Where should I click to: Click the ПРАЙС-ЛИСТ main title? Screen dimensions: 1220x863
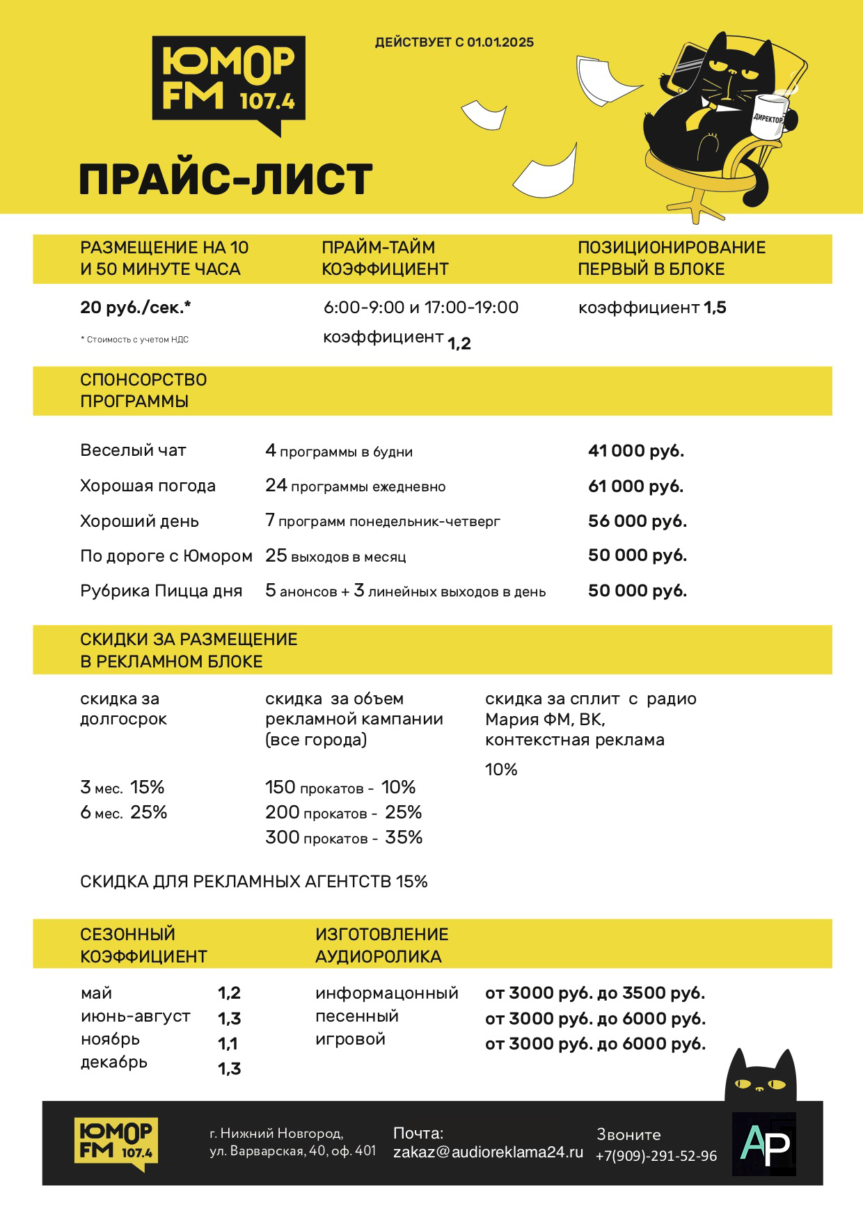tap(225, 180)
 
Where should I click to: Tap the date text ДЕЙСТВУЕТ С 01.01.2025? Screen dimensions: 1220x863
tap(454, 42)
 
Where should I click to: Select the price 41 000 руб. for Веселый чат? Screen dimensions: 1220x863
tap(636, 451)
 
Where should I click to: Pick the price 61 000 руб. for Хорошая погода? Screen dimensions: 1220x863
tap(635, 486)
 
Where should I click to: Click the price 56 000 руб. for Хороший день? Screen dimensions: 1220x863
tap(637, 521)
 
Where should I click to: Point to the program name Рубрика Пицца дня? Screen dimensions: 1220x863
tap(161, 591)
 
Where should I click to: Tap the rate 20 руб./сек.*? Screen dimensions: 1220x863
tap(136, 308)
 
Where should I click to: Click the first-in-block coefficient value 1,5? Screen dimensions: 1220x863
tap(715, 308)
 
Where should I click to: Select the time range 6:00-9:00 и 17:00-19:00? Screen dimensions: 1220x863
tap(421, 308)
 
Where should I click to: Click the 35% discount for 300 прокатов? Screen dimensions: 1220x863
tap(404, 837)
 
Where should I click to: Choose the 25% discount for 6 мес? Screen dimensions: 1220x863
tap(149, 812)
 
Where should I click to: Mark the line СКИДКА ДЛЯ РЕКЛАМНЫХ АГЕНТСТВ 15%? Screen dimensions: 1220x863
tap(254, 882)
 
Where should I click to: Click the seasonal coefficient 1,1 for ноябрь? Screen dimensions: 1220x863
tap(228, 1043)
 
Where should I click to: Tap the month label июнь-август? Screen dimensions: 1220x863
tap(135, 1016)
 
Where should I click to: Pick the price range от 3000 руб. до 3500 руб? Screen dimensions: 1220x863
tap(595, 993)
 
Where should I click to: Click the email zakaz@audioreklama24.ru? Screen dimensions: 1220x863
tap(488, 1152)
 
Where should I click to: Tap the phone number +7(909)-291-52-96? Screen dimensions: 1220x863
tap(656, 1156)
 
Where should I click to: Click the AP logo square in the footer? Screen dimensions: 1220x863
tap(764, 1144)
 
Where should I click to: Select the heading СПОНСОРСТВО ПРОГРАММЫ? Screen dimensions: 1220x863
tap(143, 390)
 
